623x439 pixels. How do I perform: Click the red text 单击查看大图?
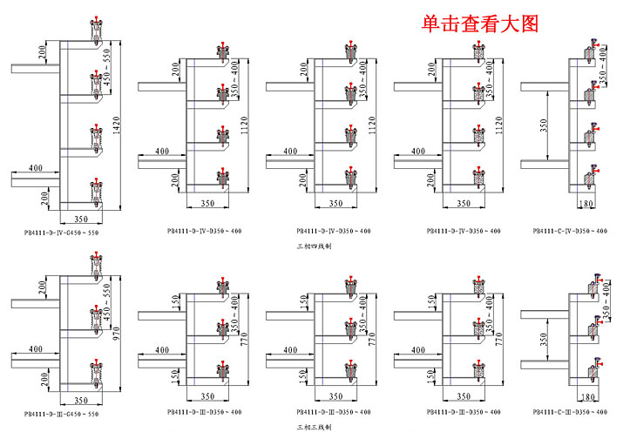point(480,24)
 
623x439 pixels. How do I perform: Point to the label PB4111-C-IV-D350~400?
point(571,231)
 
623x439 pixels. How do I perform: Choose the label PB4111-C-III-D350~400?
point(571,412)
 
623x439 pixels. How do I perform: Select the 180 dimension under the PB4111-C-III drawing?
point(587,397)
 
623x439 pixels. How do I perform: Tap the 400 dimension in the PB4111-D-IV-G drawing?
point(35,167)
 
